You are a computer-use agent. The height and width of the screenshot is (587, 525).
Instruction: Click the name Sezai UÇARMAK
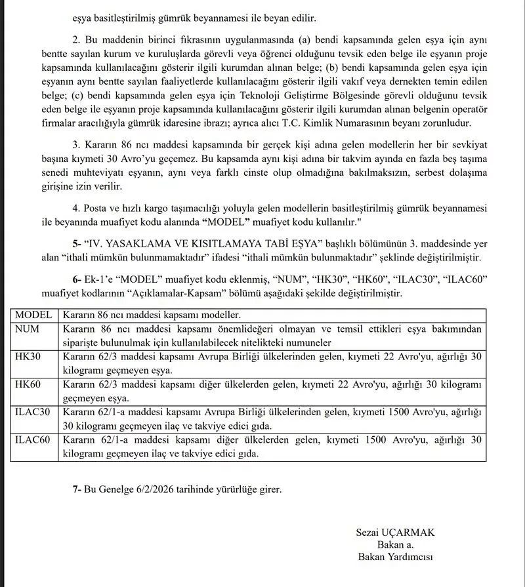tap(395, 532)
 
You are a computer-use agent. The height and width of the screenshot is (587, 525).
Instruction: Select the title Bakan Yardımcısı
tap(395, 557)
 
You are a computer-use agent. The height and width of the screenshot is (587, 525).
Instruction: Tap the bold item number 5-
tap(78, 243)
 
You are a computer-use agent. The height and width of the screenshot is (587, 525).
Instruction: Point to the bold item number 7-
tap(78, 490)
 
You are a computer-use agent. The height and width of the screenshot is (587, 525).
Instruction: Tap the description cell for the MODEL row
tap(151, 315)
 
